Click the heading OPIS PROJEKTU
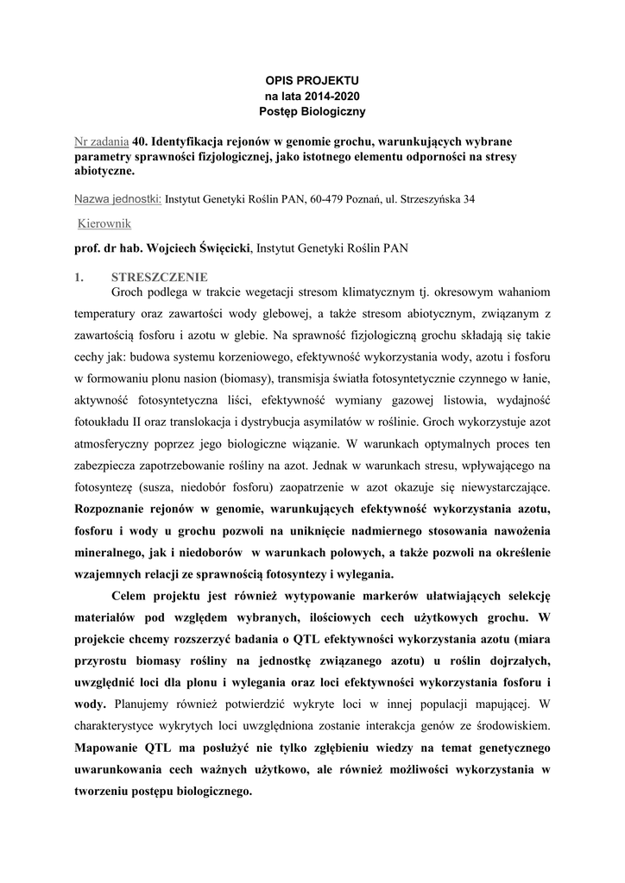pyautogui.click(x=312, y=80)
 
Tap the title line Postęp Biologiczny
pyautogui.click(x=312, y=111)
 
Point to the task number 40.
pyautogui.click(x=140, y=141)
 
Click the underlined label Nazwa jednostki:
pyautogui.click(x=118, y=198)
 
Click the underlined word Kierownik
pyautogui.click(x=104, y=223)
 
